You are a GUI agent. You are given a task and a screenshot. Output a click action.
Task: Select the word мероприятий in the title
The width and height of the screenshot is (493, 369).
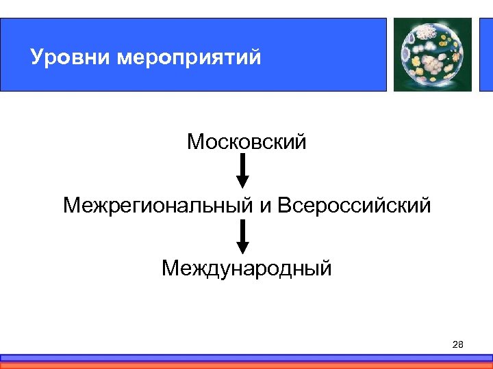pyautogui.click(x=189, y=58)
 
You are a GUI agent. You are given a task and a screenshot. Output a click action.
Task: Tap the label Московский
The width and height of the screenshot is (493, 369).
pyautogui.click(x=246, y=142)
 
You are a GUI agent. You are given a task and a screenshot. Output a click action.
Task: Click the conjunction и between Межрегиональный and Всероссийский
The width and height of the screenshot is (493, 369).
pyautogui.click(x=265, y=206)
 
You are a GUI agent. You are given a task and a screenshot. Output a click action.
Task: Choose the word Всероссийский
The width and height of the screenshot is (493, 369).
pyautogui.click(x=355, y=205)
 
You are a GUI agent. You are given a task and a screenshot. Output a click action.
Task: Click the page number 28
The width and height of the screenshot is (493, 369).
pyautogui.click(x=458, y=344)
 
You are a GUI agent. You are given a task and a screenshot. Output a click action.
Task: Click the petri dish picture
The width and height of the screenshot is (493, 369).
pyautogui.click(x=433, y=54)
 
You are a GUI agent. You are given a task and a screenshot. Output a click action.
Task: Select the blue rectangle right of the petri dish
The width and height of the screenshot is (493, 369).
pyautogui.click(x=485, y=54)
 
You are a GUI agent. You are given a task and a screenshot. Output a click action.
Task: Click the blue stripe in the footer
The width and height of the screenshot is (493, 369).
pyautogui.click(x=246, y=357)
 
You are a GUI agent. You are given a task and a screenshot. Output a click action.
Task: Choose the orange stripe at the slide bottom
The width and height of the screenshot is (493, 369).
pyautogui.click(x=246, y=365)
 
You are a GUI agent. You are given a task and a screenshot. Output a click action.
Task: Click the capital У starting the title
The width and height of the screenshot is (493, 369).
pyautogui.click(x=36, y=57)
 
